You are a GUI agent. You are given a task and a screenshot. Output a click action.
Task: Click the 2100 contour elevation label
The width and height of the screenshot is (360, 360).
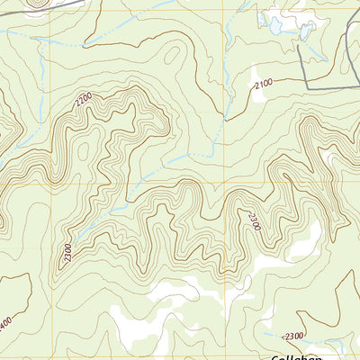point(263,84)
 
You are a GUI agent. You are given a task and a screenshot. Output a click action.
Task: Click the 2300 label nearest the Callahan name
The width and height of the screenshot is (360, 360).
point(293,336)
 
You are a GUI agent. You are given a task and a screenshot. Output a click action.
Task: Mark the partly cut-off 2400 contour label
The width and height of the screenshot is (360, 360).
point(5,319)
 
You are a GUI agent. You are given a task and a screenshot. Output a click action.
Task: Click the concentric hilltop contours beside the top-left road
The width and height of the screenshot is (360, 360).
point(36,3)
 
